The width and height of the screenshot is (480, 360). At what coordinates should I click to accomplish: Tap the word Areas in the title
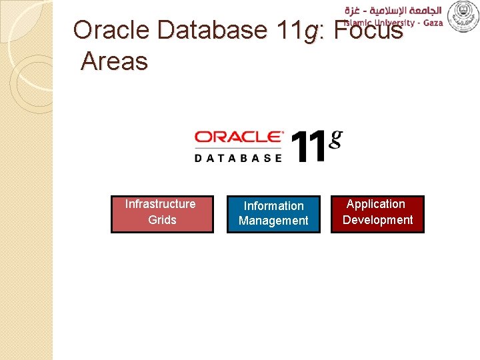tap(114, 61)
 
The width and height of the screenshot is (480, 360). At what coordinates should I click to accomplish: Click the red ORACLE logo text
tap(238, 137)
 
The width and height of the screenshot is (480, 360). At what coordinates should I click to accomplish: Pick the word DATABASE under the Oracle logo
tap(238, 157)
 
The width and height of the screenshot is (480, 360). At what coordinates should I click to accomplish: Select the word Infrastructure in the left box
tap(161, 204)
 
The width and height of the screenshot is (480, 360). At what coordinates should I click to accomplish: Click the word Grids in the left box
tap(162, 220)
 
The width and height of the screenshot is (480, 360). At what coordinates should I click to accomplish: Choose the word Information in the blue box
tap(273, 206)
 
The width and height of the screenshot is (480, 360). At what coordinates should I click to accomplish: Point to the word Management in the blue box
tap(273, 221)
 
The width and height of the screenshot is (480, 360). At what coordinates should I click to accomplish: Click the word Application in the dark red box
tap(376, 204)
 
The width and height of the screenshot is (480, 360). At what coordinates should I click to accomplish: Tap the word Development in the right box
tap(377, 220)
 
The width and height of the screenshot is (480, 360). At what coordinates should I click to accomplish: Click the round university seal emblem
tap(462, 15)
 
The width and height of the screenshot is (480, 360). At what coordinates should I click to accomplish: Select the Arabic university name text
tap(393, 9)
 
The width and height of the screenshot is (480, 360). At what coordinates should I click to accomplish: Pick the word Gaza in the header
tap(431, 23)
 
